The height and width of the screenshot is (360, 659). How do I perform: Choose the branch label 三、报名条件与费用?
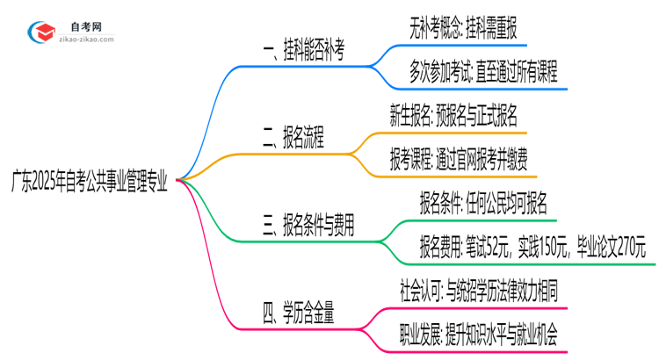pyautogui.click(x=307, y=226)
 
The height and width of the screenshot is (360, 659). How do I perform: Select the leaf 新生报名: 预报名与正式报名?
pyautogui.click(x=453, y=116)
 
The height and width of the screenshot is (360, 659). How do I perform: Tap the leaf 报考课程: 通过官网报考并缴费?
pyautogui.click(x=459, y=159)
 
